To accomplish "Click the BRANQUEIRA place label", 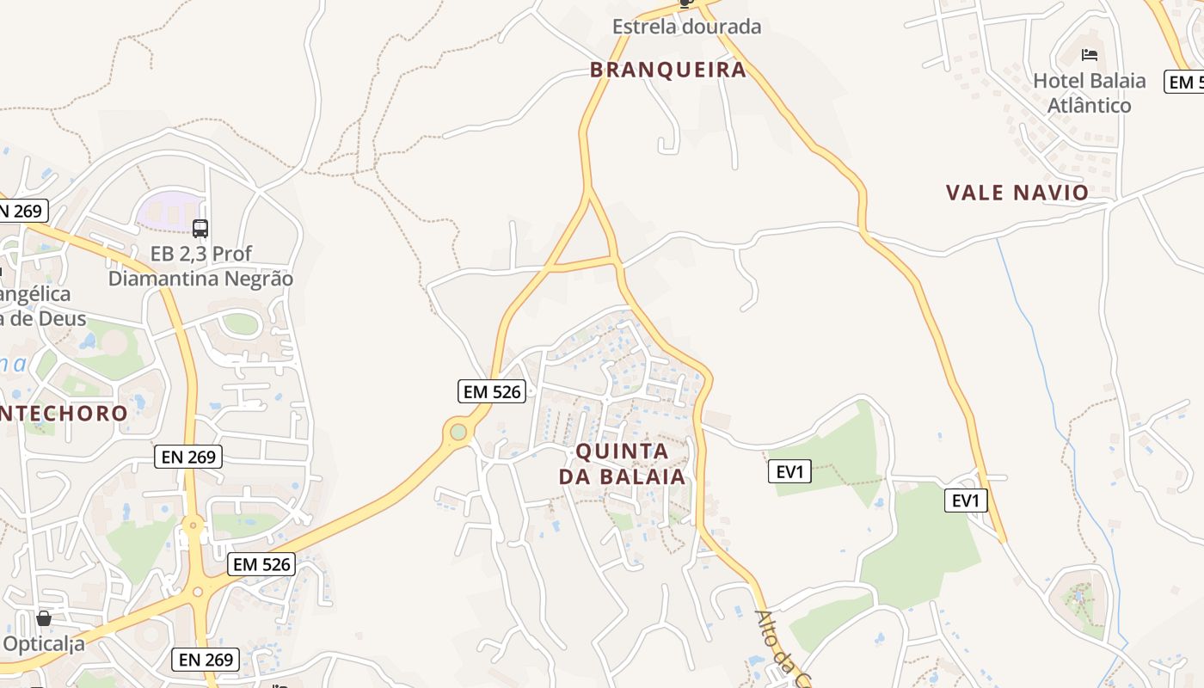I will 668,70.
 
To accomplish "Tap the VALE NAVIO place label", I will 1017,193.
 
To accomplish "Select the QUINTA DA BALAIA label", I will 622,464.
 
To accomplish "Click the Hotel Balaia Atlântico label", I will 1089,93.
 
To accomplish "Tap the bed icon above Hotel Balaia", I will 1090,56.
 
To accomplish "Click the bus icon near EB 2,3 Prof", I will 200,229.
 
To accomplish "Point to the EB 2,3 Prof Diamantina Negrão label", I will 200,267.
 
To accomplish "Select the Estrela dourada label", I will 686,27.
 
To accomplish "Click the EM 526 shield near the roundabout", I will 491,392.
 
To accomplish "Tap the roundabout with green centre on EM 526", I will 458,432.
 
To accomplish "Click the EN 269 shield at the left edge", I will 22,211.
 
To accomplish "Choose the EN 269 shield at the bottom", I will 206,660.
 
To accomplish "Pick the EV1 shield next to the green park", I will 789,471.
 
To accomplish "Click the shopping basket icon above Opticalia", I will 44,618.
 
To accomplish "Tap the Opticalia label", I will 44,643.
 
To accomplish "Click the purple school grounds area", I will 168,211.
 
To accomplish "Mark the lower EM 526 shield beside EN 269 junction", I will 262,564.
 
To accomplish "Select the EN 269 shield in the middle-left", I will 188,457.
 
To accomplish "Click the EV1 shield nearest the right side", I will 966,501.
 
